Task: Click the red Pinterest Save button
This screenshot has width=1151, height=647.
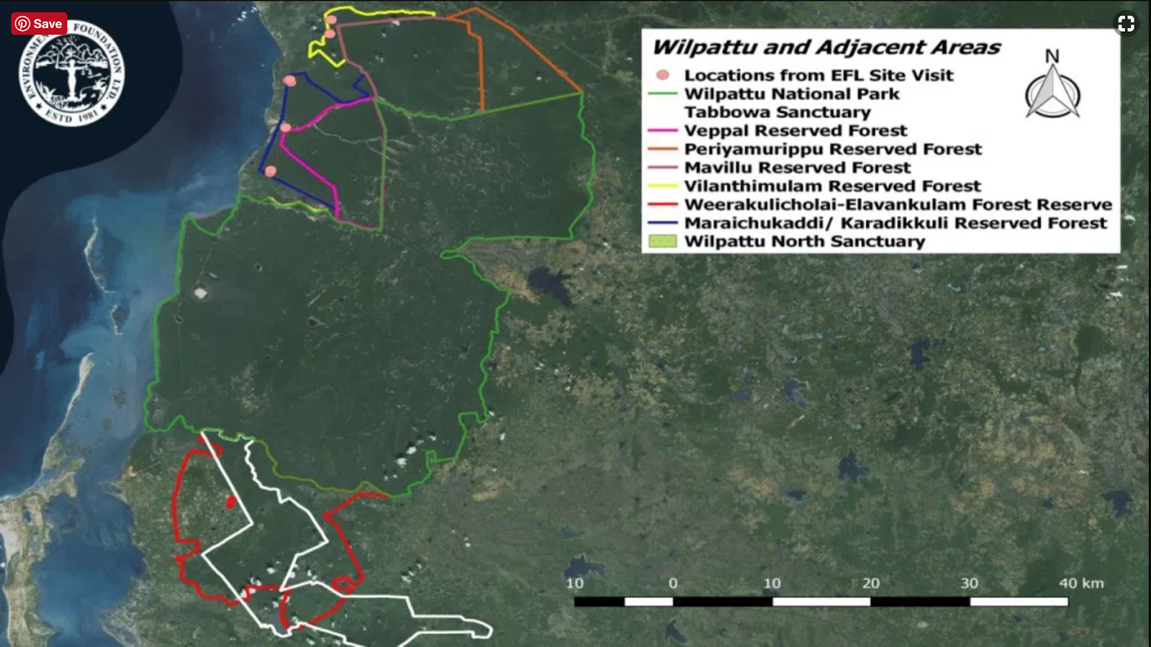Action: click(39, 24)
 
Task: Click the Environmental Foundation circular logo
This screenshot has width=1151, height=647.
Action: click(71, 72)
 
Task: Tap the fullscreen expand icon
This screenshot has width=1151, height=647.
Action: click(1126, 24)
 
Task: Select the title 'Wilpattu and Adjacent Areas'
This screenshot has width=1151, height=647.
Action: click(826, 47)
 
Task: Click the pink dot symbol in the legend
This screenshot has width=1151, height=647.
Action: click(663, 75)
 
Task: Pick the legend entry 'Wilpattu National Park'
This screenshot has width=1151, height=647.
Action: click(791, 93)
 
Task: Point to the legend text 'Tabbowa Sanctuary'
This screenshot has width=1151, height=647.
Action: click(777, 112)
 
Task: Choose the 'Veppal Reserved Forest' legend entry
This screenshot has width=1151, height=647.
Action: click(795, 131)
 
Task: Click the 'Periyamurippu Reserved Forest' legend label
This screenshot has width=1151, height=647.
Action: click(832, 149)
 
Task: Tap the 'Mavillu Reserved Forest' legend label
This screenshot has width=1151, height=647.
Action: click(797, 168)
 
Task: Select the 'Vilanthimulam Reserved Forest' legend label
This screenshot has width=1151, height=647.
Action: click(832, 186)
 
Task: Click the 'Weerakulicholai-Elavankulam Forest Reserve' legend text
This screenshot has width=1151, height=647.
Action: click(898, 205)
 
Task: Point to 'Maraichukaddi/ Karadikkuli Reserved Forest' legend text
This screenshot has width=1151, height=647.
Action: click(895, 223)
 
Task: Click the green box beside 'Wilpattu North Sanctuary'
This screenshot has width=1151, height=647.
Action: click(663, 242)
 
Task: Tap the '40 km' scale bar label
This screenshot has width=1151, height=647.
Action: click(1081, 583)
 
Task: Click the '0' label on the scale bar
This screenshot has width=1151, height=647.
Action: click(673, 583)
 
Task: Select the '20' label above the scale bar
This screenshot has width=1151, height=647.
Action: click(870, 583)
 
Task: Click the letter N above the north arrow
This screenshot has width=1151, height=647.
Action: click(1052, 56)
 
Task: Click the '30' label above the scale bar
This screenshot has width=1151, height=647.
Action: click(969, 583)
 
